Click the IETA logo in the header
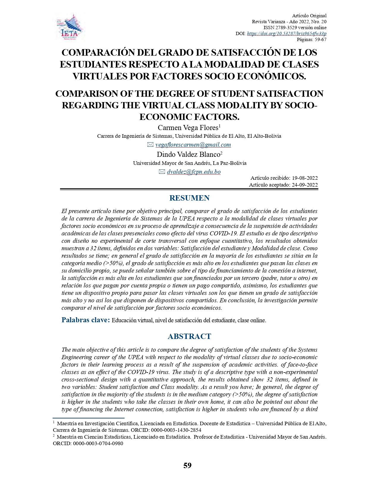70,28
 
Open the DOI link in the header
287,34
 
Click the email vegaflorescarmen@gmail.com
193,145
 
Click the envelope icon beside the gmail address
150,145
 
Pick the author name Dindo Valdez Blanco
188,154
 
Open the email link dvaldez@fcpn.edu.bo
194,172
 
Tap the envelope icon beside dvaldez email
162,172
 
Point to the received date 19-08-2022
305,178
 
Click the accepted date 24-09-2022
305,185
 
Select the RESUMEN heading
189,198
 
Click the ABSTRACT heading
189,337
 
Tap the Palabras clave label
86,320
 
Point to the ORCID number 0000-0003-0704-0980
98,443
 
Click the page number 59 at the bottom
188,465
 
